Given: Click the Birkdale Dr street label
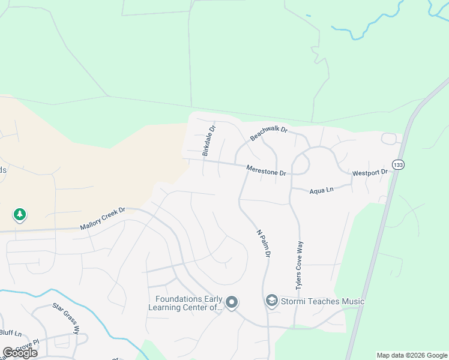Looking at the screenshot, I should pyautogui.click(x=208, y=141).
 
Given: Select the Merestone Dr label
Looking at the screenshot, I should pyautogui.click(x=267, y=170).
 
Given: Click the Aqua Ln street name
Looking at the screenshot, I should pyautogui.click(x=321, y=190).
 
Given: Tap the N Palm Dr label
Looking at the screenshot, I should pyautogui.click(x=264, y=244).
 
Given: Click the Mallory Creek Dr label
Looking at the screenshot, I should pyautogui.click(x=103, y=218).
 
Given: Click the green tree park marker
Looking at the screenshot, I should pyautogui.click(x=20, y=214).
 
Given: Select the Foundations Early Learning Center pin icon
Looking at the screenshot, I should pyautogui.click(x=232, y=302).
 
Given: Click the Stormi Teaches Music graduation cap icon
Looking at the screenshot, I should pyautogui.click(x=272, y=300).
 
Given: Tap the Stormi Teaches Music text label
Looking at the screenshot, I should pyautogui.click(x=323, y=301).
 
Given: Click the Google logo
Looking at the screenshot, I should pyautogui.click(x=20, y=353).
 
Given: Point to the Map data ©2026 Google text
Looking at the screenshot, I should pyautogui.click(x=411, y=355).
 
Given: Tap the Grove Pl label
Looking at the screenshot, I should pyautogui.click(x=28, y=344).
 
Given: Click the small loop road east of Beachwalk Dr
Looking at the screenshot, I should pyautogui.click(x=391, y=139).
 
